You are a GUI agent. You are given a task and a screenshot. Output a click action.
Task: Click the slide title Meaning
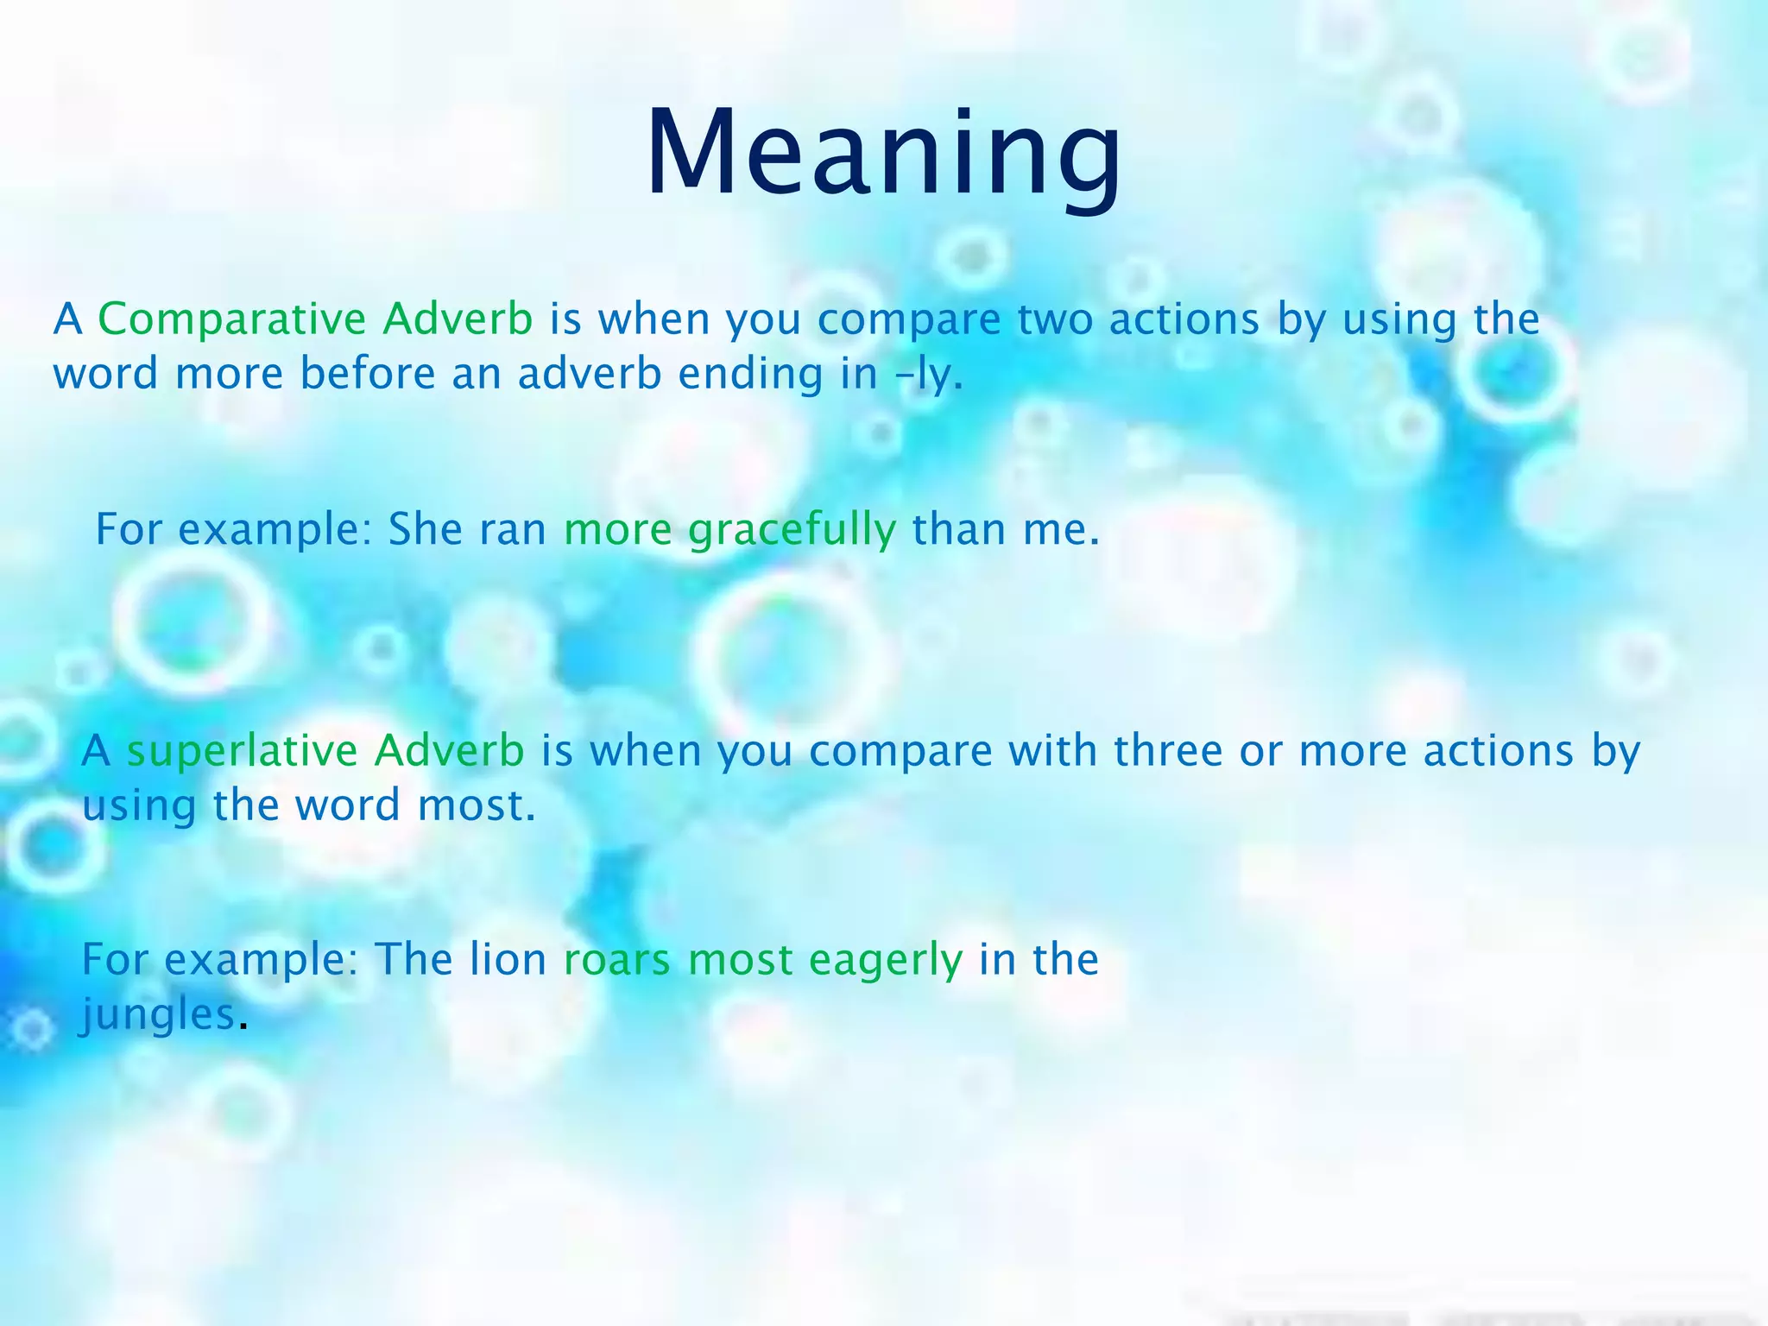click(x=883, y=154)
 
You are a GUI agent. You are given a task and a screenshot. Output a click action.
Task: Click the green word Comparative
click(x=232, y=319)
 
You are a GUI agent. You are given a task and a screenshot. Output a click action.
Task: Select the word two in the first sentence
click(x=1054, y=319)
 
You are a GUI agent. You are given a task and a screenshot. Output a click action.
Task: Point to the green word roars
click(x=616, y=960)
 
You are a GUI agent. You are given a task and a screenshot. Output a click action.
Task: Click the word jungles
click(x=158, y=1015)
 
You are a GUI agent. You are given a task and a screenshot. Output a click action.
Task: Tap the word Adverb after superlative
click(x=449, y=750)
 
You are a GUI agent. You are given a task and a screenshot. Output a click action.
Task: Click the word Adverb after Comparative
click(x=458, y=319)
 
